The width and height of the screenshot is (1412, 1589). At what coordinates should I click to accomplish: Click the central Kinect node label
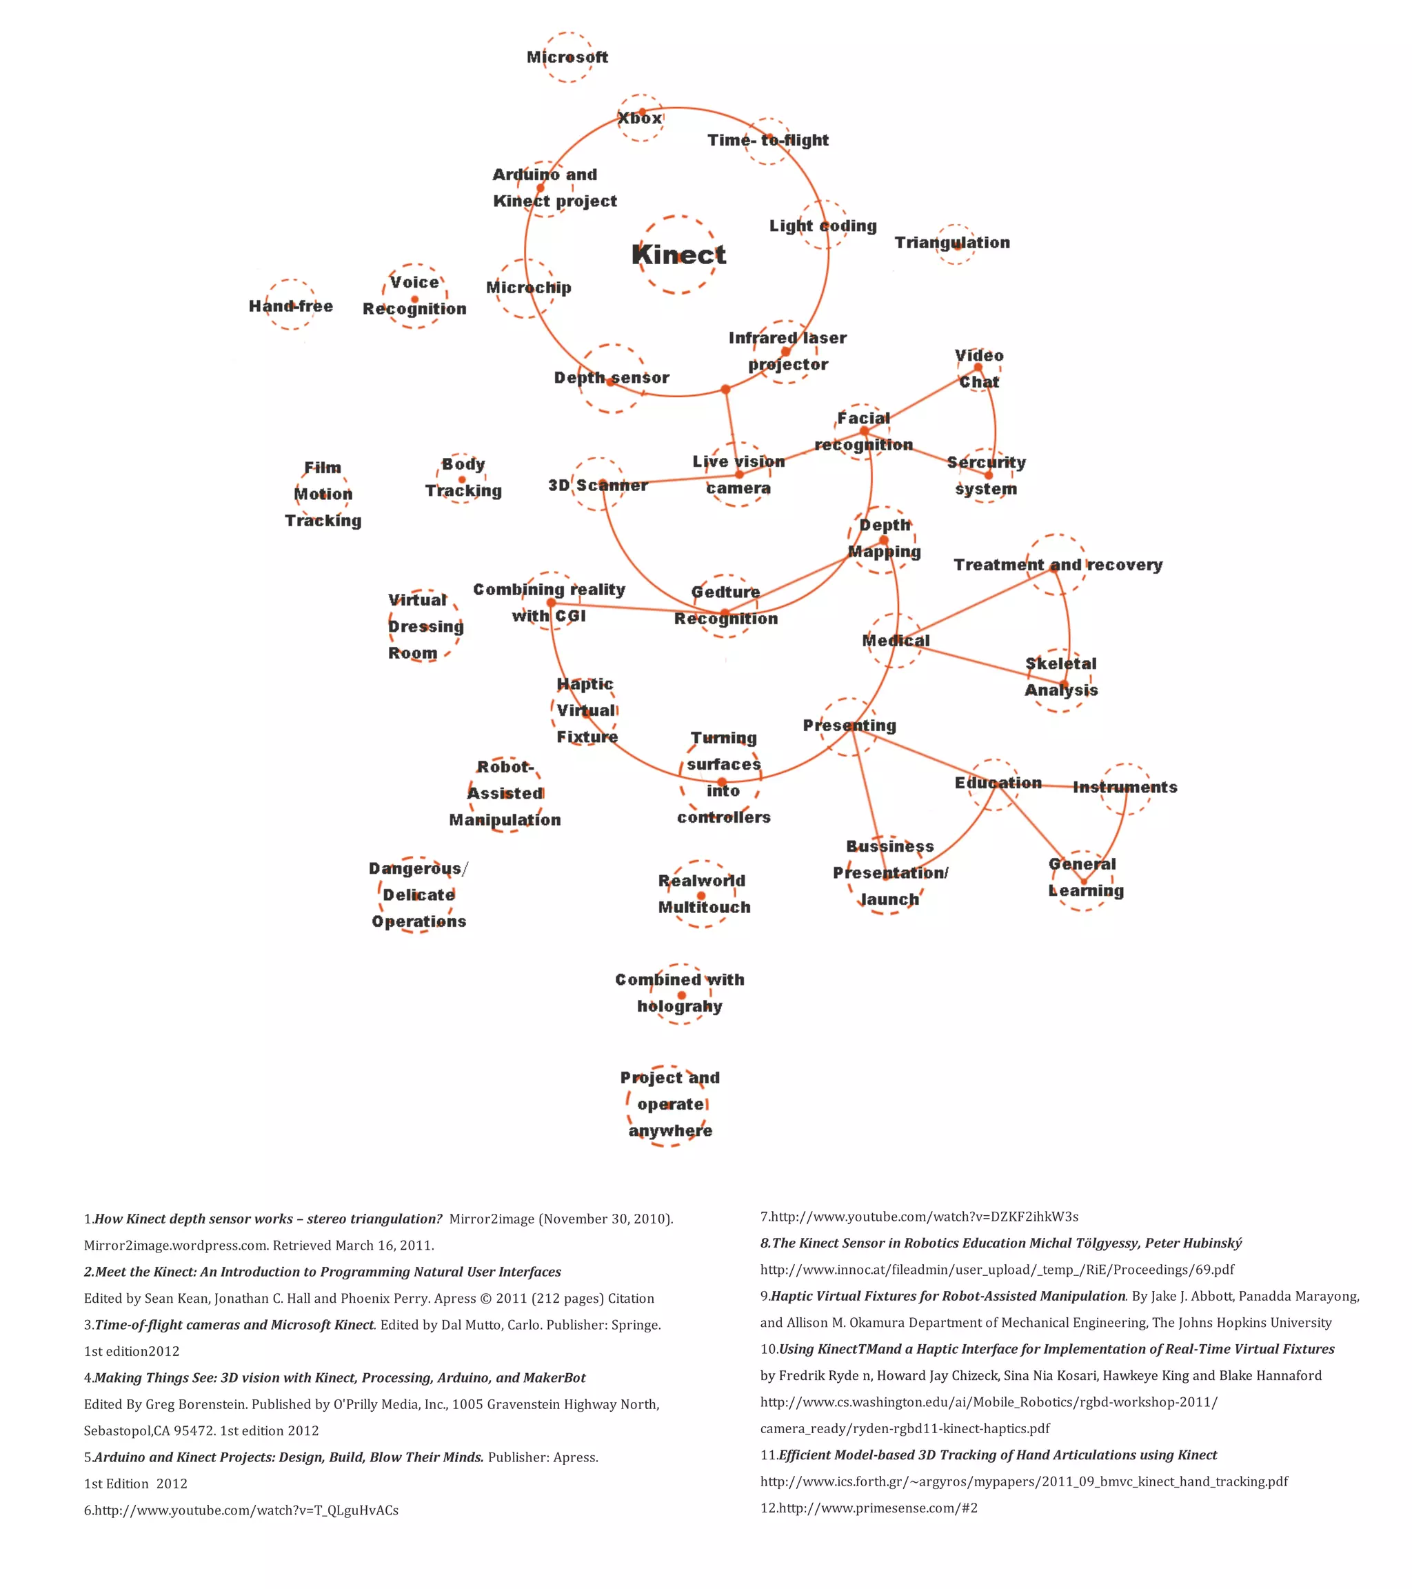tap(678, 254)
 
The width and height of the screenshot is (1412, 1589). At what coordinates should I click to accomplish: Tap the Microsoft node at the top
tap(567, 57)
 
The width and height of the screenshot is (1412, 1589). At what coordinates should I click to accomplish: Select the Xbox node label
tap(640, 118)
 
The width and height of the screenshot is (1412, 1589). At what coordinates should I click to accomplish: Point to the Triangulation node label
tap(952, 243)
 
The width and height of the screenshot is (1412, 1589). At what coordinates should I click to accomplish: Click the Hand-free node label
tap(291, 306)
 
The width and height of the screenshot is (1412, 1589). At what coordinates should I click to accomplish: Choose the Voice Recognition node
tap(414, 295)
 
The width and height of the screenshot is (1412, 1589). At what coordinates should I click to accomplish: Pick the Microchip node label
tap(528, 288)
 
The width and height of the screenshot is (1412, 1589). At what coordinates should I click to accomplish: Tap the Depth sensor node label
tap(612, 378)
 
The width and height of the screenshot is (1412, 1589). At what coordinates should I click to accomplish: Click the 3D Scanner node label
tap(598, 485)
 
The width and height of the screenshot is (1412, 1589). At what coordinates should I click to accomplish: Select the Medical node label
tap(895, 641)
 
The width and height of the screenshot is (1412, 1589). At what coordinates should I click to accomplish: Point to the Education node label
tap(998, 783)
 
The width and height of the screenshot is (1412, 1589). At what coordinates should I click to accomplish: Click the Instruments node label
tap(1124, 788)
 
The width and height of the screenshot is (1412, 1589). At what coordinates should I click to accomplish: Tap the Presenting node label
tap(849, 726)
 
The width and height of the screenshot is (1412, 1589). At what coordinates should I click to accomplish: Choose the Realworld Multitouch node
tap(703, 894)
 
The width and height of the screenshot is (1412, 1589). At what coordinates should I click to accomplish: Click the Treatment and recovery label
tap(1058, 565)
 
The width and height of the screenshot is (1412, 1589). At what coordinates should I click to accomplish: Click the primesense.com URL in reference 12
tap(878, 1508)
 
